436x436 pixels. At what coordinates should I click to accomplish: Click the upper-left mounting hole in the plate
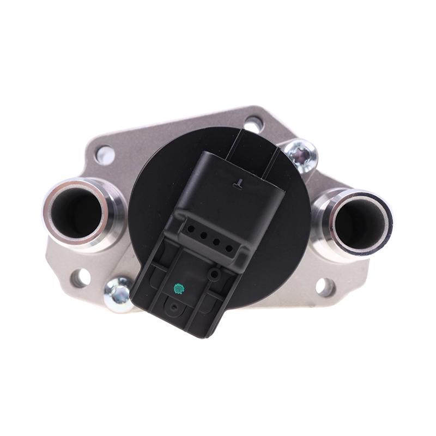105,155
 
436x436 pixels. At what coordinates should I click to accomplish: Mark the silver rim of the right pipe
386,229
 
